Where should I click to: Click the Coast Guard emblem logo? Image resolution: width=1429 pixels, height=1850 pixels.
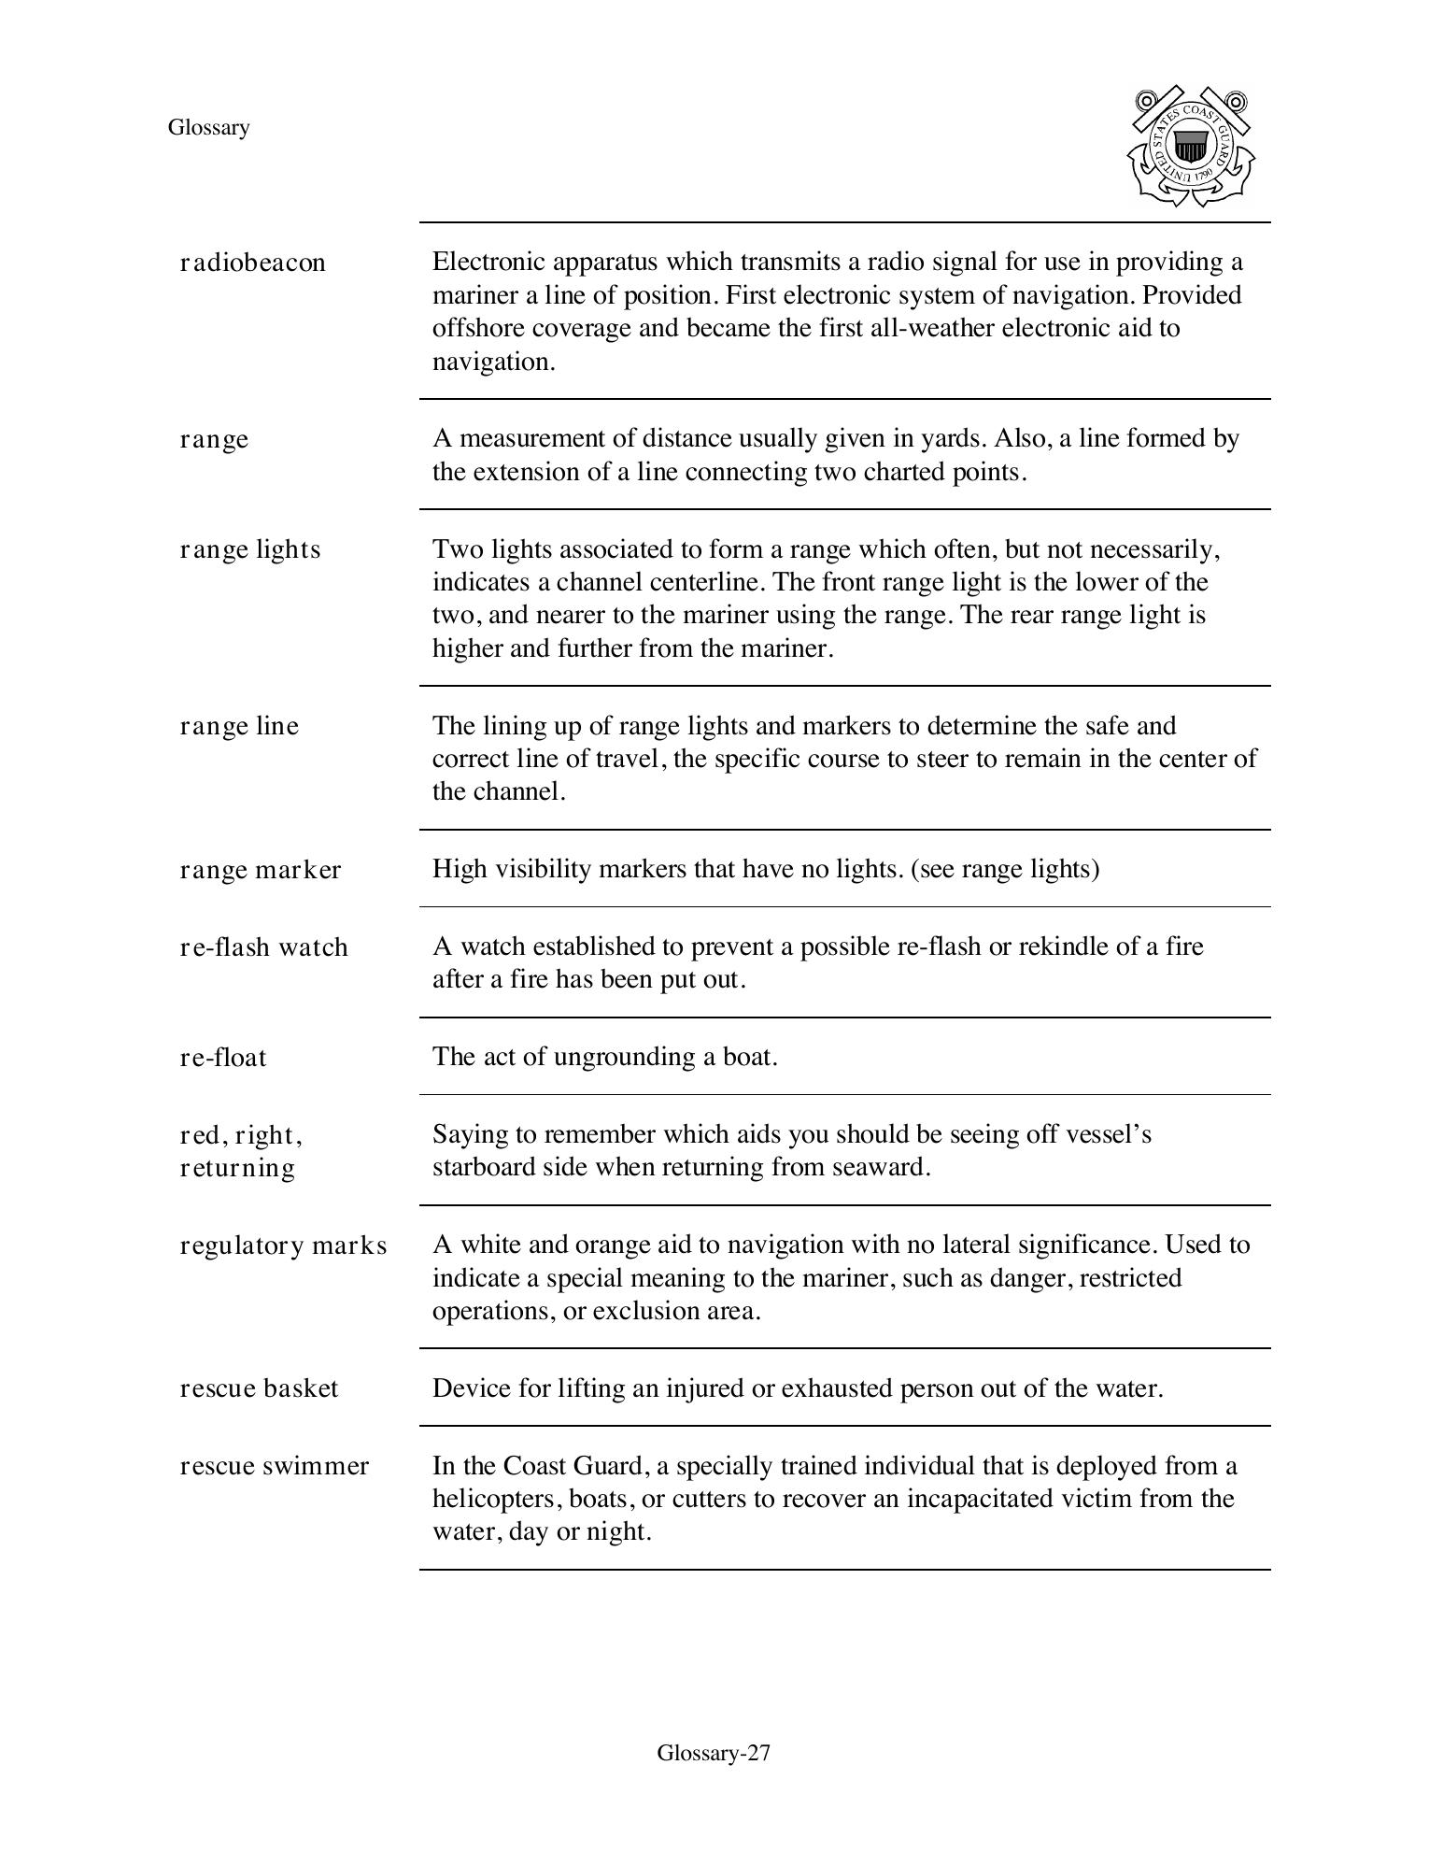coord(1191,147)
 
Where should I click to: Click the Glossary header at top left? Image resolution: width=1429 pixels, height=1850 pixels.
coord(208,128)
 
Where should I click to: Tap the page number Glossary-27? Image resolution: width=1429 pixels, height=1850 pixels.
coord(714,1753)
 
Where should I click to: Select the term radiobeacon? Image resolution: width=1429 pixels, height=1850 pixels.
coord(252,263)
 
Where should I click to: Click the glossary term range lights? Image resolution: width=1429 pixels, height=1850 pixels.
coord(249,549)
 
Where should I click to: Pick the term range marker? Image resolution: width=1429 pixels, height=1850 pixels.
coord(260,870)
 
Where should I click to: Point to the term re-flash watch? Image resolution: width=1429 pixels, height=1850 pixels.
coord(263,947)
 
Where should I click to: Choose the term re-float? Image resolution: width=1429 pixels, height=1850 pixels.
coord(222,1058)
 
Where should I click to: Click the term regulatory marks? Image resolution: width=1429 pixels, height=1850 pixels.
coord(283,1245)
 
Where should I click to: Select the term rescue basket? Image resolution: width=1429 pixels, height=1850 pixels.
coord(259,1388)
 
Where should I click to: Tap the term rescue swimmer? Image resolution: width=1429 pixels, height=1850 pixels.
coord(274,1466)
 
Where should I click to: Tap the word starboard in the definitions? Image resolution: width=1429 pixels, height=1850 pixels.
coord(484,1167)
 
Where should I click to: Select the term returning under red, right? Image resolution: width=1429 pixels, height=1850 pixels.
coord(237,1168)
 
